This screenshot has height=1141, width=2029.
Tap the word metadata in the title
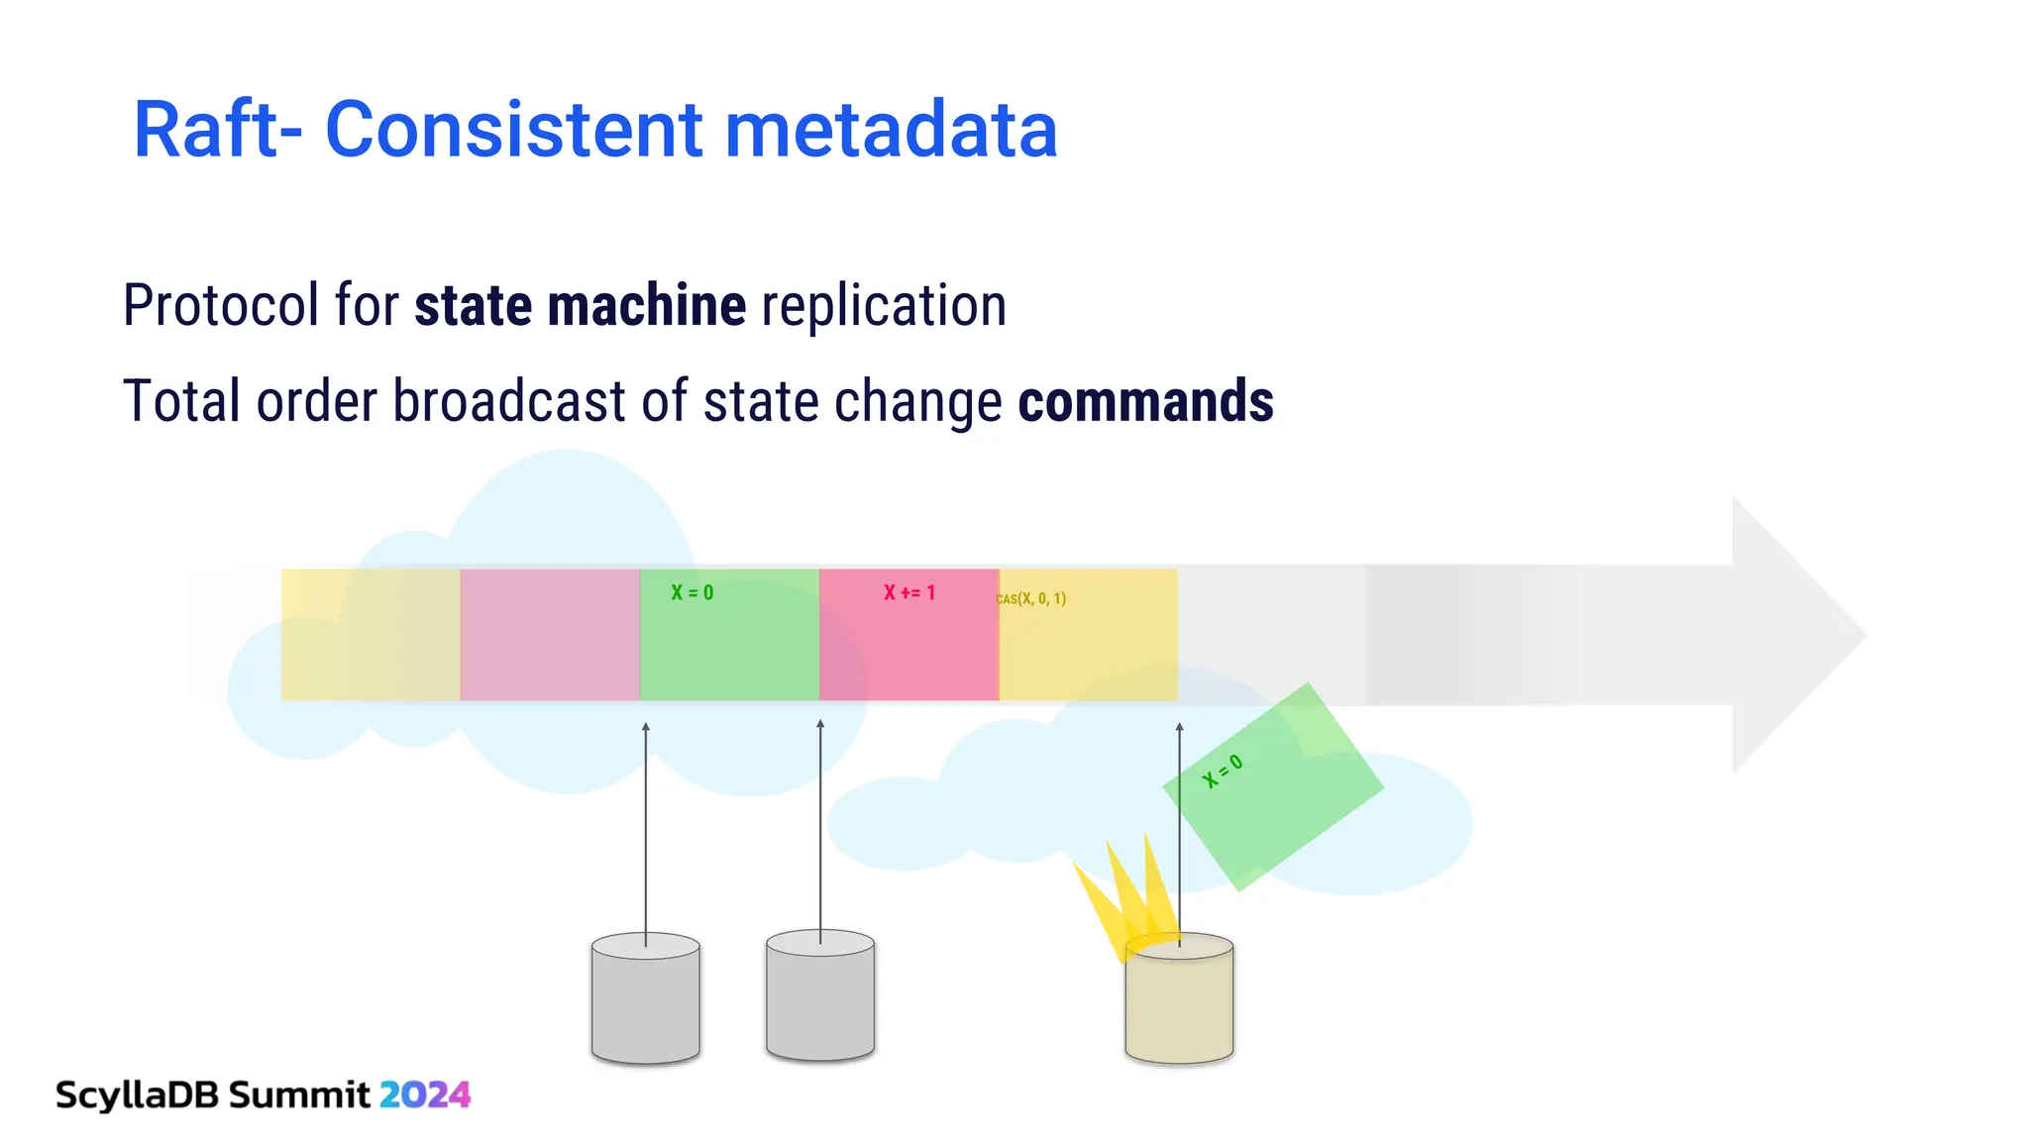(891, 130)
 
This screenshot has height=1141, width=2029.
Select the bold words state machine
(580, 305)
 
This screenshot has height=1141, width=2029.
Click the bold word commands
(1145, 401)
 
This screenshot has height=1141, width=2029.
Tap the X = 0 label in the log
(692, 593)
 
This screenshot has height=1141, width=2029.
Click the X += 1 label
(908, 593)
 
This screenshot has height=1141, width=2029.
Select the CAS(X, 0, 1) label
(1031, 599)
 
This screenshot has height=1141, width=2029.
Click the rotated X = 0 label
(1222, 772)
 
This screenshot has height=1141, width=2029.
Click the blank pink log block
(550, 635)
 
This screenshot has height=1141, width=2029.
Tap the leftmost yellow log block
(371, 635)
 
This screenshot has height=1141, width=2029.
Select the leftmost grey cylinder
(645, 1000)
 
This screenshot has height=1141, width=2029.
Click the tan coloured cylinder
(1179, 1002)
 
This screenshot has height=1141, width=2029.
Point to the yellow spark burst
(1124, 896)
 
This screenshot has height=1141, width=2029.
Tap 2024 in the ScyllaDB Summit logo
(425, 1094)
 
